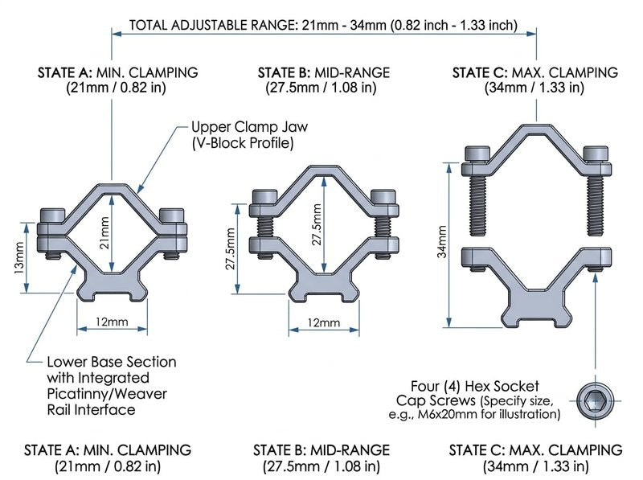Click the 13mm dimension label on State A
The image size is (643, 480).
coord(18,258)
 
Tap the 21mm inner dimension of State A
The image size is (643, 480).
coord(105,232)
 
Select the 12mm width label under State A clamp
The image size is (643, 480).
coord(112,322)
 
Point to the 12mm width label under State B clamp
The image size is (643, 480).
coord(324,322)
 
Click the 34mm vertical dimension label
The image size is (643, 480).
coord(441,242)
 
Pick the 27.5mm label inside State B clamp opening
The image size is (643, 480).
coord(317,225)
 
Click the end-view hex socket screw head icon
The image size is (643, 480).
coord(595,401)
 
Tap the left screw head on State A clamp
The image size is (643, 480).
coord(52,215)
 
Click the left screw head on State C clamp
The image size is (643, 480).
coord(477,154)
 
